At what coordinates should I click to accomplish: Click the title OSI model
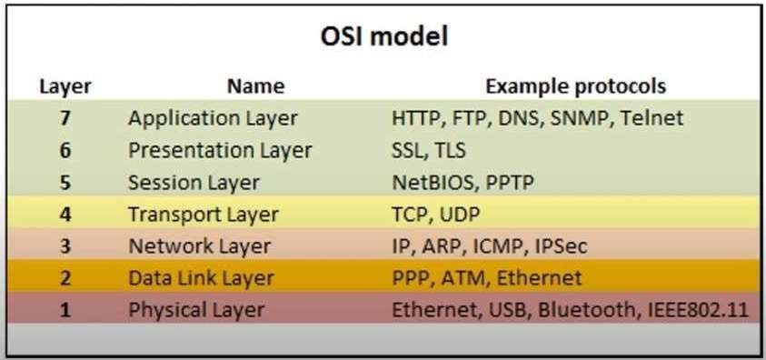tap(384, 37)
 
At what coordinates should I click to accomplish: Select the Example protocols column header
tap(575, 86)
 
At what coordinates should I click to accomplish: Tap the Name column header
tap(255, 86)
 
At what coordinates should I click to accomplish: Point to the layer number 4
tap(65, 215)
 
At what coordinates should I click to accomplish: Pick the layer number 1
tap(65, 310)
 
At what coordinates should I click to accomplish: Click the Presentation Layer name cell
tap(220, 150)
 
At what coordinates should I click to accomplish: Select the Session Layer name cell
tap(194, 183)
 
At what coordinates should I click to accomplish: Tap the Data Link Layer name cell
tap(201, 278)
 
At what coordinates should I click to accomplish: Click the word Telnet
tap(652, 118)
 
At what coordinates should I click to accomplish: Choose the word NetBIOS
tap(433, 183)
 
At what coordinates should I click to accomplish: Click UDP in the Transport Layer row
tap(460, 215)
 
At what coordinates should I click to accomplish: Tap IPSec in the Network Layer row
tap(561, 246)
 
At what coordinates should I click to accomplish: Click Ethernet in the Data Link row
tap(539, 278)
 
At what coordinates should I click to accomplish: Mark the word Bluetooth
tap(588, 310)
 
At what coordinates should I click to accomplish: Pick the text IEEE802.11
tap(699, 310)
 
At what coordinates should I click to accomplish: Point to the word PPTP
tap(510, 183)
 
